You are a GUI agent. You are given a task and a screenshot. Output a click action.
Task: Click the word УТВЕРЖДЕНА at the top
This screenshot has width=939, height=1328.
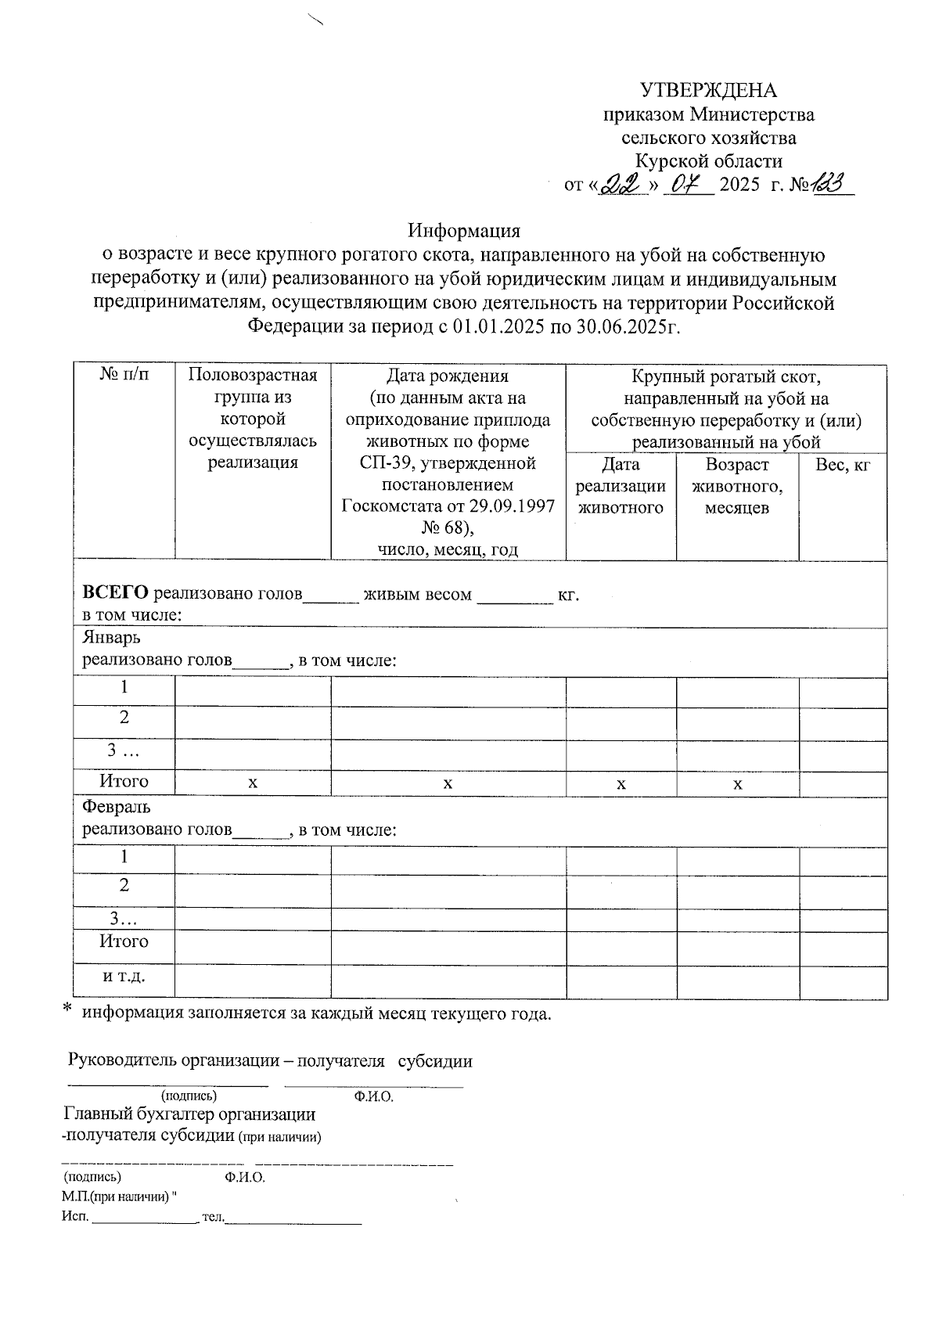708,90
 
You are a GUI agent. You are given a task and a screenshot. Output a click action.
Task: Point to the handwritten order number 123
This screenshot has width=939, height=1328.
833,184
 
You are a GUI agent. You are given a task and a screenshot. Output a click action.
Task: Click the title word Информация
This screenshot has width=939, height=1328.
463,231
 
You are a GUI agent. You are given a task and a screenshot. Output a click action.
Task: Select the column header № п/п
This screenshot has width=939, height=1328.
124,375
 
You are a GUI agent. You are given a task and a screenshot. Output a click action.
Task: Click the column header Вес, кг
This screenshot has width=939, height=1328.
842,465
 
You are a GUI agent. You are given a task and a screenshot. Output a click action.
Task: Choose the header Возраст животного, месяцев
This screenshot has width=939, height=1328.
736,486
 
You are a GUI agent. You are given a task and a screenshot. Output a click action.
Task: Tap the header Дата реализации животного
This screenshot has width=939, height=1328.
620,486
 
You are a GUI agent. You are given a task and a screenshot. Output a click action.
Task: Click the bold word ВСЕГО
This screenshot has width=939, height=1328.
116,594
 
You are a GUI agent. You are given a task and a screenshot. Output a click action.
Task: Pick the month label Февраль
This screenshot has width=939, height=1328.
117,806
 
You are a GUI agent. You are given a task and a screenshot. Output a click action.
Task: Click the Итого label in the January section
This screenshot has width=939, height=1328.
124,781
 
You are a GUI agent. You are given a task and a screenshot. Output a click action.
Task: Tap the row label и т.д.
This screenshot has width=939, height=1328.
124,977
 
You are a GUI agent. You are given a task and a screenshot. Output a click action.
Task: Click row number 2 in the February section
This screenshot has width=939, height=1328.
124,885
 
